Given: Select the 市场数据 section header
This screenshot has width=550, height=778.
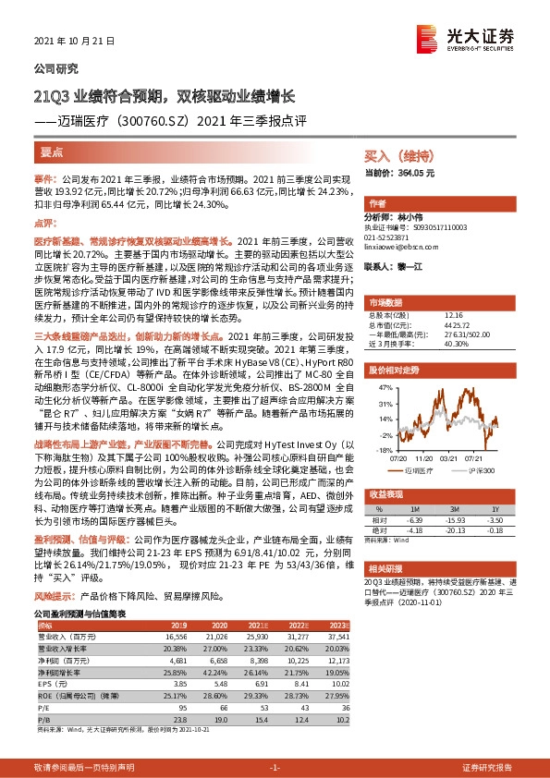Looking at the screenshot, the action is pyautogui.click(x=386, y=302).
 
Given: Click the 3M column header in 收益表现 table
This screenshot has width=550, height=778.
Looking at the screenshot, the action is pyautogui.click(x=454, y=508).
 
